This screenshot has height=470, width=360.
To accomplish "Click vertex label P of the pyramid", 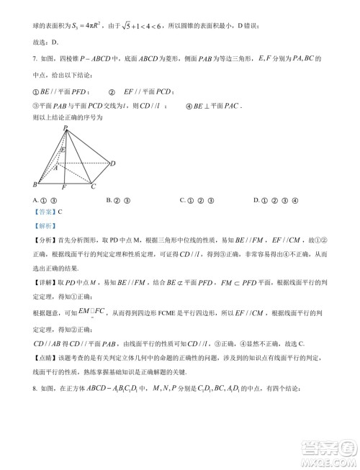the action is point(66,127).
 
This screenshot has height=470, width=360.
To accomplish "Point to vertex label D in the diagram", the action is point(113,163).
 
